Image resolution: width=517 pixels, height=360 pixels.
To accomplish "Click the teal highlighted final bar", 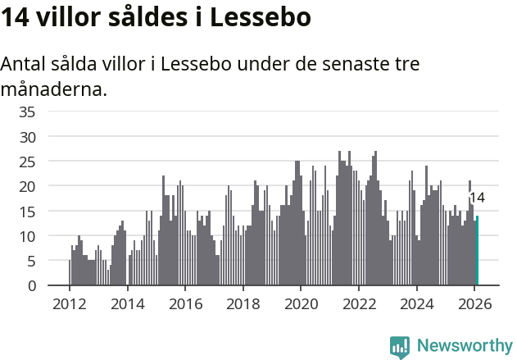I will click(477, 251).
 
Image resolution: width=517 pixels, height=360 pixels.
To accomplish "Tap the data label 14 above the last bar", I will click(476, 198).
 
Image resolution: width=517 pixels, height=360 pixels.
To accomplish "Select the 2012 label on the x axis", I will click(69, 303).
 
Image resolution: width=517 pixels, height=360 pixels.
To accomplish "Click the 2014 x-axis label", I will click(127, 303).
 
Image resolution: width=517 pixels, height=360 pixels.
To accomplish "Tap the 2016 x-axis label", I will click(184, 303).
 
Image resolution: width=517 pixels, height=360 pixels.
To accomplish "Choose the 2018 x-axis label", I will click(243, 303).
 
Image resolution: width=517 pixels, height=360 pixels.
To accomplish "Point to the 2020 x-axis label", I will click(301, 303).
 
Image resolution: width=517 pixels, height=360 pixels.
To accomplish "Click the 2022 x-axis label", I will click(359, 303).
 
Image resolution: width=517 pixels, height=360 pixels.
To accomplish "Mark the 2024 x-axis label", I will click(416, 303).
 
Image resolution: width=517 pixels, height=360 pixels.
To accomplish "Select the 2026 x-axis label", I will click(474, 303).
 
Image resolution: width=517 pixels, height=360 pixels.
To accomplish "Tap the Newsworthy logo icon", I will click(400, 347).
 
